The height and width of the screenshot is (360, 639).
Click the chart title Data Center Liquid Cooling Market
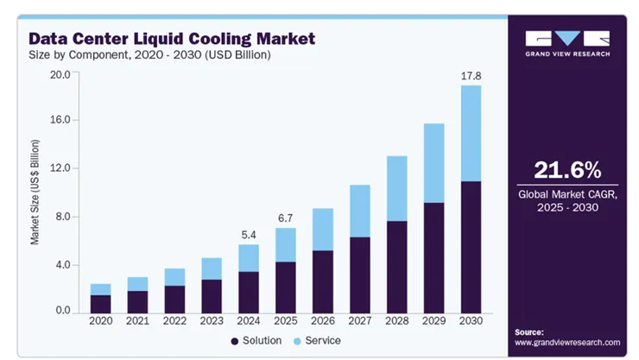[172, 39]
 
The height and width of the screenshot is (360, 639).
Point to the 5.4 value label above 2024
[248, 234]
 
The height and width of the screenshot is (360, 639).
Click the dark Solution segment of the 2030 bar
[470, 246]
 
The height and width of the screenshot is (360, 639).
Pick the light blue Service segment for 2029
[433, 163]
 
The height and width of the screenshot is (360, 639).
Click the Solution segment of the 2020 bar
[101, 303]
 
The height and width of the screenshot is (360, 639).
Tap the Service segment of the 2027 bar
[359, 211]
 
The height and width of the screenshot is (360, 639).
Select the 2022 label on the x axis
[174, 321]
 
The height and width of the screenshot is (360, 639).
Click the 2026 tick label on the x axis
[322, 321]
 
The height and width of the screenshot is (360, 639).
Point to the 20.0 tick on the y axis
[59, 75]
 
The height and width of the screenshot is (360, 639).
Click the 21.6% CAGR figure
[567, 169]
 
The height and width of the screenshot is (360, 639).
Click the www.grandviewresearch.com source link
[567, 343]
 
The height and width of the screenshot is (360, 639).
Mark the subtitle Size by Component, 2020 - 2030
[151, 55]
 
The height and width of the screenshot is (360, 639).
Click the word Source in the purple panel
[529, 332]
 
